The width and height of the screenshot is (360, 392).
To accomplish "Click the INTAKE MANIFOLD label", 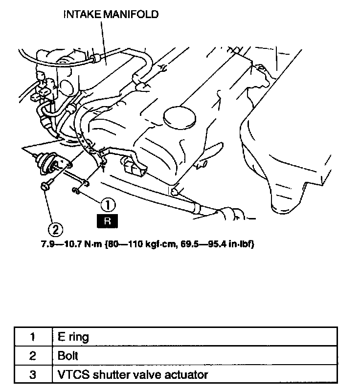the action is click(111, 15).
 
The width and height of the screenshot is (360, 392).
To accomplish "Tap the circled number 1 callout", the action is click(108, 203).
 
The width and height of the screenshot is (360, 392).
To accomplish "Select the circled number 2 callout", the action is click(55, 228).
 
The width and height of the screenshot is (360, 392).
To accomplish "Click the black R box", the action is click(108, 221).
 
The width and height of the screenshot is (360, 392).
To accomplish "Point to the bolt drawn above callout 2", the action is click(45, 186).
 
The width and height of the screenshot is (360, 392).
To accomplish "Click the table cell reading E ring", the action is click(73, 337).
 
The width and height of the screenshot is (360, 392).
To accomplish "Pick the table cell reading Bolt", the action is click(68, 356).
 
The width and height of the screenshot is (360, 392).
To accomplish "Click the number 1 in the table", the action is click(32, 337).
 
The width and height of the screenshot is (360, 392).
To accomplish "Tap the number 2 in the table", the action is click(32, 356).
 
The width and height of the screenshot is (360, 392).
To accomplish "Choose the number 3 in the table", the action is click(32, 375).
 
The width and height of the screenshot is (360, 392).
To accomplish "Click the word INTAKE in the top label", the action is click(81, 15).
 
